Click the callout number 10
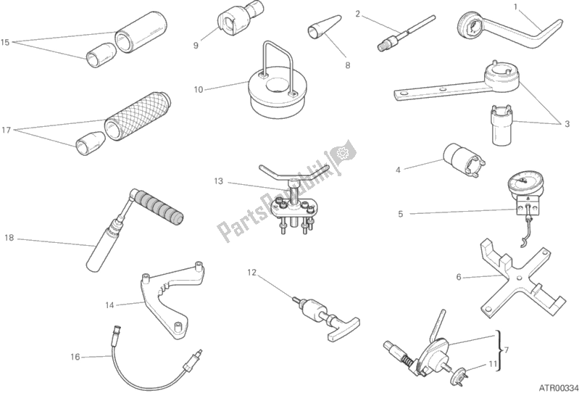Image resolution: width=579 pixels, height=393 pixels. click(199, 89)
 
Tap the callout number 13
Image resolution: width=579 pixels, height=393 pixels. click(219, 181)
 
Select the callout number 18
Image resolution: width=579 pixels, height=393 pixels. click(9, 238)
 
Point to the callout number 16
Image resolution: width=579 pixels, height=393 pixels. click(75, 357)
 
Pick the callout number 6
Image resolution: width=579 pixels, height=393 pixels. click(459, 277)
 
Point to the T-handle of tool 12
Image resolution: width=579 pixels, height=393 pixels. click(343, 328)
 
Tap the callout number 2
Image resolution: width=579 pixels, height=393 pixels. click(357, 14)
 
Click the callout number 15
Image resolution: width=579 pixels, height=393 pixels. click(5, 42)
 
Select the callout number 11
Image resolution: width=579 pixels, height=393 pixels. click(493, 364)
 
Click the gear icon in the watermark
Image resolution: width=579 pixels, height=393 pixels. click(342, 152)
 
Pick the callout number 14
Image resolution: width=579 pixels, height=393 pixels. click(109, 305)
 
